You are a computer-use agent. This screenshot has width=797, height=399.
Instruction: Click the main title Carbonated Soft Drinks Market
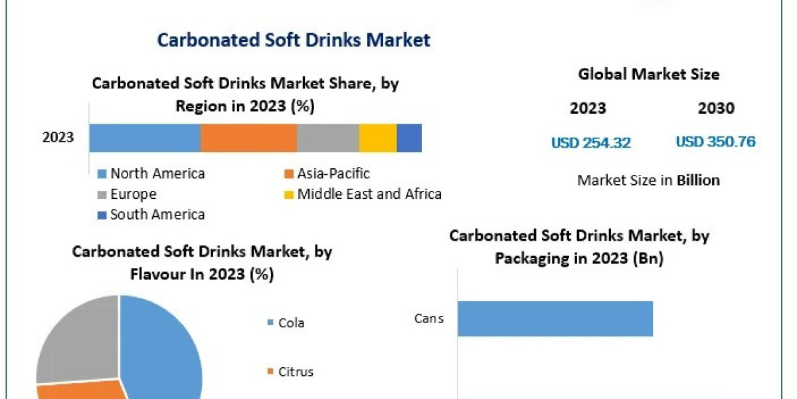tap(294, 40)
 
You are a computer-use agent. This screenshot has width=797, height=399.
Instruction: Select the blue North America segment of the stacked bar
tap(145, 138)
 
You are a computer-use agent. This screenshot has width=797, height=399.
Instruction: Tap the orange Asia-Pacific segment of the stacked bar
tap(248, 138)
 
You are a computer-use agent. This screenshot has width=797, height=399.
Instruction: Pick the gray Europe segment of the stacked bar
tap(327, 138)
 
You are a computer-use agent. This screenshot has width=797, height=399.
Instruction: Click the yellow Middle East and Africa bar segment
tap(377, 138)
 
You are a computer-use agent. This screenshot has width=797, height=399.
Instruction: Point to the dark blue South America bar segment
tap(409, 138)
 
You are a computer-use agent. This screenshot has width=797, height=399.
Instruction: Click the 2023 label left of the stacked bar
tap(58, 138)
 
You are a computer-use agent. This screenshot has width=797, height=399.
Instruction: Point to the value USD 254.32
tap(590, 142)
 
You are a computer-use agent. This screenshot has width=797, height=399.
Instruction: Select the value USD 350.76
tap(715, 142)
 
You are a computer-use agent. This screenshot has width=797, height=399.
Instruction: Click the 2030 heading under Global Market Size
tap(716, 108)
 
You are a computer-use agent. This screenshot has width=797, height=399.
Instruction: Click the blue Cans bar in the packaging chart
tap(555, 319)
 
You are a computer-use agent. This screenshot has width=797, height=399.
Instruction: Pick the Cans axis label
tap(428, 319)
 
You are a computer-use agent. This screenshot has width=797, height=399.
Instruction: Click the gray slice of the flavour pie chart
tap(73, 339)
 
